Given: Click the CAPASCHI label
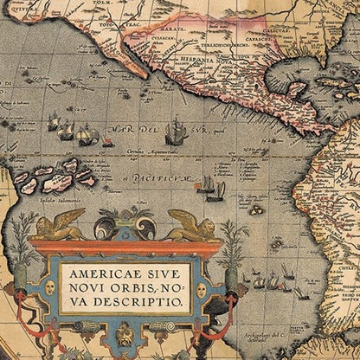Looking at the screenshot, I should (259, 37).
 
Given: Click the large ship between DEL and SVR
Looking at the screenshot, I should (176, 130).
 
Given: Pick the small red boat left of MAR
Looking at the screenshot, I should (107, 141).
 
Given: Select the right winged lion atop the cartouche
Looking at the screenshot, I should (192, 224).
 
